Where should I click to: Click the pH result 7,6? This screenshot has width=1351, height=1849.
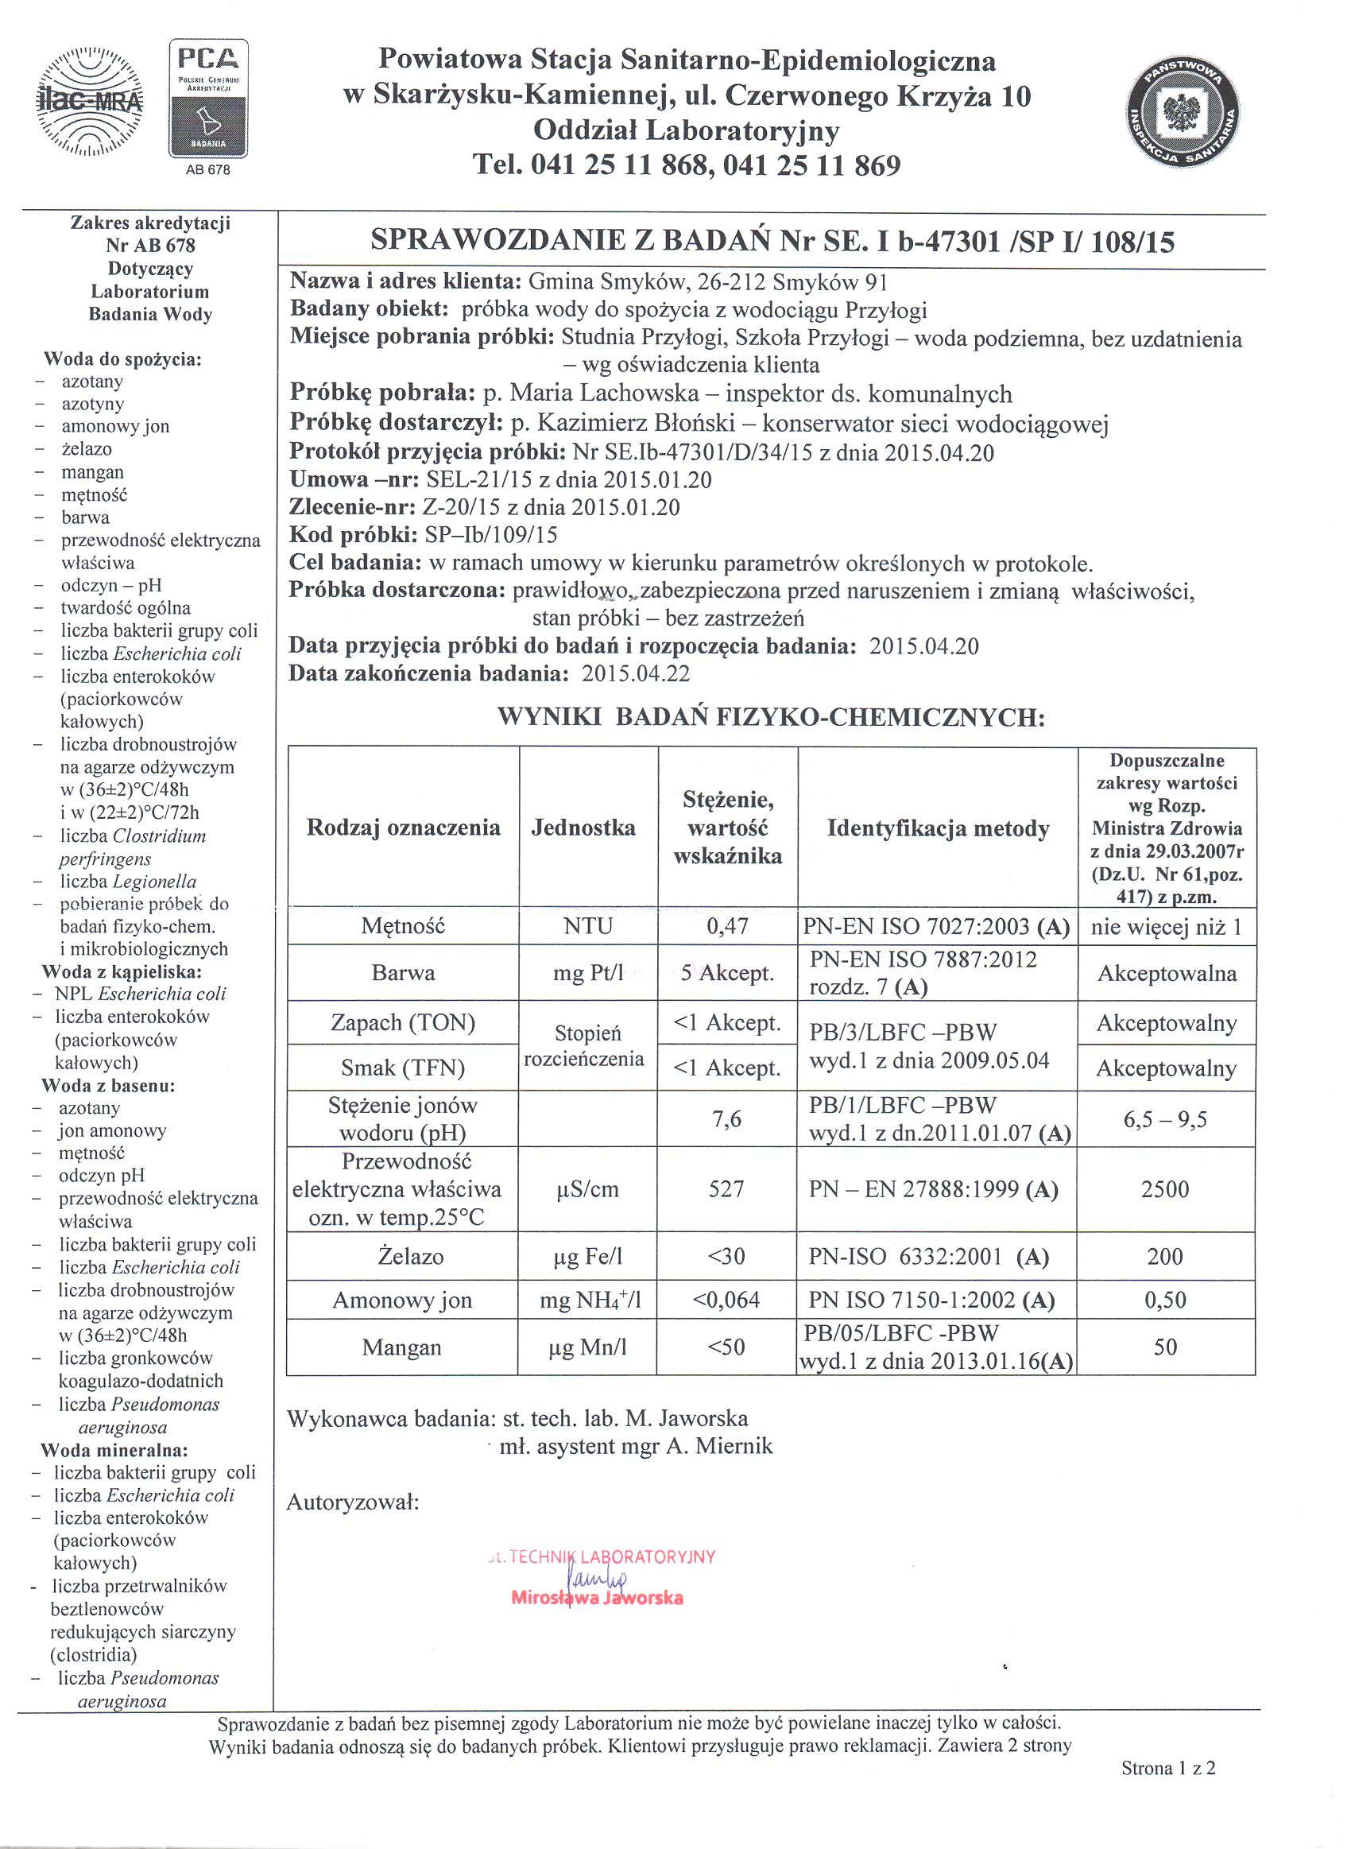[726, 1118]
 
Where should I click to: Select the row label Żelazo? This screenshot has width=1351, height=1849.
[410, 1256]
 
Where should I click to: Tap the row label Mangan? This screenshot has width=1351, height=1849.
[401, 1347]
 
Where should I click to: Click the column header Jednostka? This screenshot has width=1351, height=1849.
[583, 828]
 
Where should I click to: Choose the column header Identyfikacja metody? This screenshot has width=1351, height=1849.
[937, 828]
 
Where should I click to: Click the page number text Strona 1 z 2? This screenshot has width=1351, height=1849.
[1167, 1768]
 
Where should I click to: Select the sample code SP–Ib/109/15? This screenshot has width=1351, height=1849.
[490, 535]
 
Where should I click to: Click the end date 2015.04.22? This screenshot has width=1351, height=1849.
[636, 673]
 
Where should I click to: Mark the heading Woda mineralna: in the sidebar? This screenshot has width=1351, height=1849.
[114, 1450]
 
